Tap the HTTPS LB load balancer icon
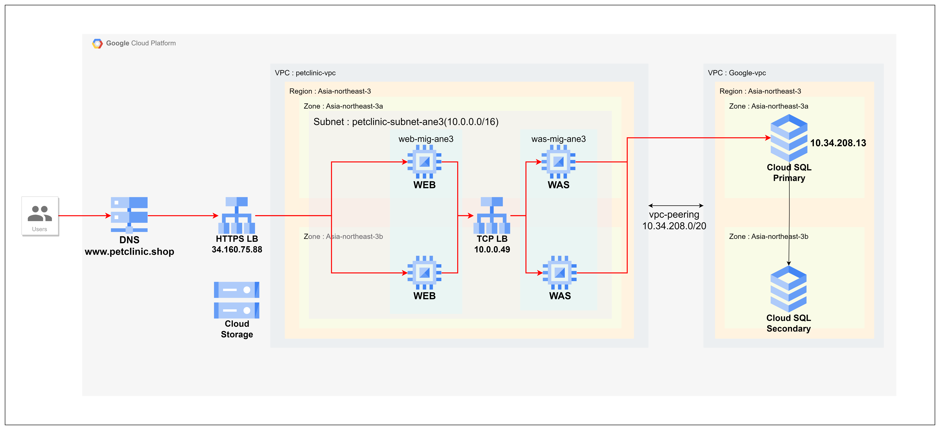coord(236,215)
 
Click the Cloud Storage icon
coord(236,300)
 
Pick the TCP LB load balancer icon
coord(492,215)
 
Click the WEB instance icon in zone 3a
coord(424,162)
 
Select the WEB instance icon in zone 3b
coord(424,273)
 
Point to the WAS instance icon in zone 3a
coord(558,162)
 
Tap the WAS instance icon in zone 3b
coord(559,273)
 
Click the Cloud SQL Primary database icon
coord(789,138)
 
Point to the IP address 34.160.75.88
coord(237,250)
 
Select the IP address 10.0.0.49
coord(492,250)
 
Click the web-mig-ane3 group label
coord(426,139)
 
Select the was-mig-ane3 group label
coord(558,139)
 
